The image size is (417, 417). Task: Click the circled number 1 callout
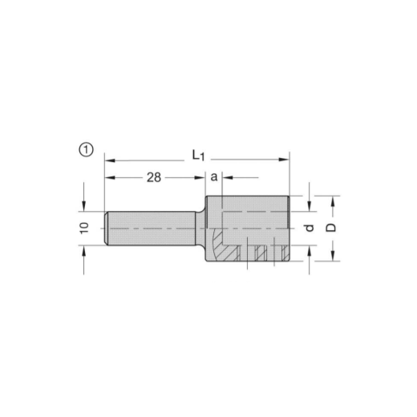coord(86,150)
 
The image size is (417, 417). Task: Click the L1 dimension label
coord(198,156)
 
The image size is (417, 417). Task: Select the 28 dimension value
coord(154,177)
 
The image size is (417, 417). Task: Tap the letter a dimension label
coord(214,177)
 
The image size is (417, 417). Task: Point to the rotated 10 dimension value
coord(84,228)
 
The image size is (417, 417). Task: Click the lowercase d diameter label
coord(310,228)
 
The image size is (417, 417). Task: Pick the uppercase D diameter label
coord(331,228)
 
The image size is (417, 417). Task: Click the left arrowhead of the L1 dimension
coord(110,160)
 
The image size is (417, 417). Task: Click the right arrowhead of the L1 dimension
coord(284,160)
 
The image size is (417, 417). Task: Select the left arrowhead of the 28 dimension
coord(110,177)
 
